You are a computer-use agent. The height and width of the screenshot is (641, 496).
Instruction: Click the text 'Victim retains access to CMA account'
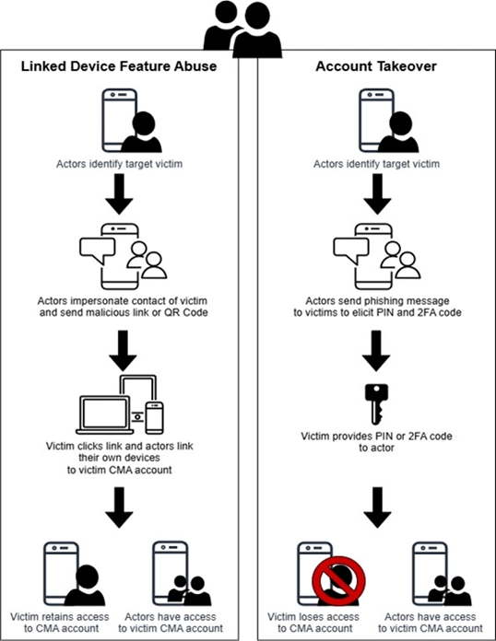pos(61,622)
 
